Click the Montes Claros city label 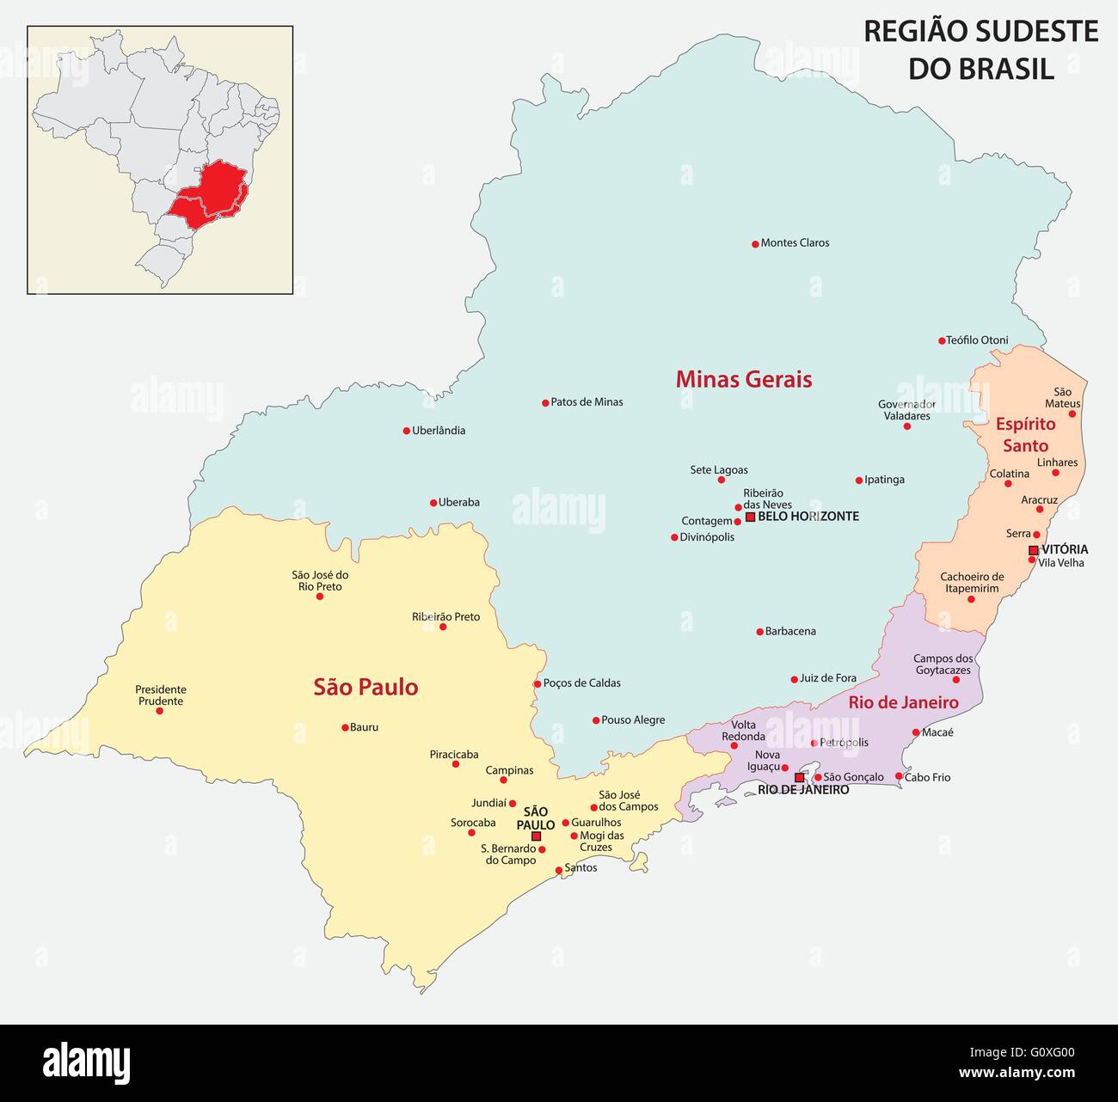tap(795, 243)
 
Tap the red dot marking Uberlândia tap(407, 431)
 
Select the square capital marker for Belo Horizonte tap(750, 517)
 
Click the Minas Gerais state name tap(743, 379)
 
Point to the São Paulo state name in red tap(365, 687)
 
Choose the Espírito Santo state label tap(1025, 434)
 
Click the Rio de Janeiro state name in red tap(903, 702)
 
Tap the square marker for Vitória tap(1033, 550)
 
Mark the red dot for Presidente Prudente tap(159, 711)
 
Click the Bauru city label tap(365, 727)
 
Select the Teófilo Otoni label tap(977, 340)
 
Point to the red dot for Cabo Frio tap(899, 776)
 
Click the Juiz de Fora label tap(828, 678)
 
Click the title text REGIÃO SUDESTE tap(980, 32)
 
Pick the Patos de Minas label tap(587, 402)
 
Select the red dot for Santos tap(559, 870)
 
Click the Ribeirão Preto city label tap(445, 616)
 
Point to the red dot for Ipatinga tap(858, 481)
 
